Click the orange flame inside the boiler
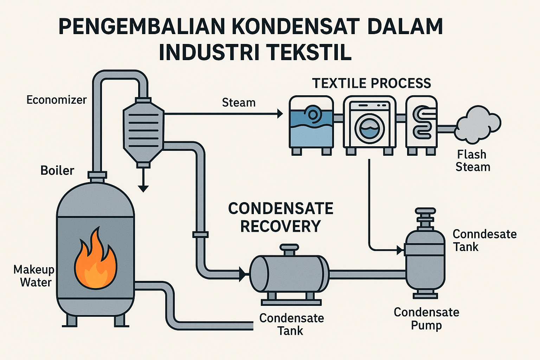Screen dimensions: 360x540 (95, 262)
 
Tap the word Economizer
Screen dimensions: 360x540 (57, 100)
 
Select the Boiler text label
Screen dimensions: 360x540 (57, 171)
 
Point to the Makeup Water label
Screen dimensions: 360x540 (34, 276)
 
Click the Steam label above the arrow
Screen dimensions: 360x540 (239, 103)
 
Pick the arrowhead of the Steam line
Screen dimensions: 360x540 (280, 114)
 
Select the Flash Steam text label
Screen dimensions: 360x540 (472, 161)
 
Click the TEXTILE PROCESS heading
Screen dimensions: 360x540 (372, 83)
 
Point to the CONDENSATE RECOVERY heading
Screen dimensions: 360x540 (281, 217)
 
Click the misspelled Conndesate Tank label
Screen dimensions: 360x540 (484, 240)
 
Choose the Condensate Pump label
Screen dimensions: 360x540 (426, 318)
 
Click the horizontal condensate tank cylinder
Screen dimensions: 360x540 (289, 274)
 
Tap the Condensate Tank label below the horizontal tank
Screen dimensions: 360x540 (291, 324)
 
